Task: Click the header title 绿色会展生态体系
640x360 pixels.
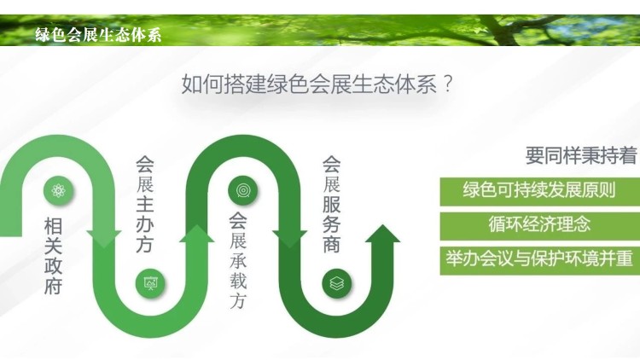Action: point(98,35)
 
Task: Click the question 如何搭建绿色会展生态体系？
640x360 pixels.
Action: point(317,84)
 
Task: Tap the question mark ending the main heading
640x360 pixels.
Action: point(447,84)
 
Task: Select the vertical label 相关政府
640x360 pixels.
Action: point(54,256)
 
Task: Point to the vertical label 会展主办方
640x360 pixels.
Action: point(145,203)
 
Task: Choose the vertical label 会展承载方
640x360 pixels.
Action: point(237,260)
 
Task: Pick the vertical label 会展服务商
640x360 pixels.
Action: point(331,204)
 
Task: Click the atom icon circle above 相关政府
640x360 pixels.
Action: point(59,190)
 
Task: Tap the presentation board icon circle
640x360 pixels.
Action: point(150,283)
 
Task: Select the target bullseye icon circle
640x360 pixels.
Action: point(243,190)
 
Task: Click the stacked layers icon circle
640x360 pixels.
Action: point(337,283)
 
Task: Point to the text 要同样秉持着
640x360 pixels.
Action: point(581,155)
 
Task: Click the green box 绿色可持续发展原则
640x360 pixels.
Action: point(539,191)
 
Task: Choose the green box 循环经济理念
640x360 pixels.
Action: point(539,225)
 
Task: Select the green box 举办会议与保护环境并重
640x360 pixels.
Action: point(539,260)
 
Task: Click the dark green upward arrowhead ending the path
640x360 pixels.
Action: point(383,235)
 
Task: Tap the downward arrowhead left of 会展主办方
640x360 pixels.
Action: point(104,239)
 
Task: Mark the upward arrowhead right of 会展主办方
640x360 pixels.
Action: point(197,235)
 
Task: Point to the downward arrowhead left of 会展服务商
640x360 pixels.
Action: point(290,239)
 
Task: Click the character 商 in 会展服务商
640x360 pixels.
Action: point(331,244)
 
